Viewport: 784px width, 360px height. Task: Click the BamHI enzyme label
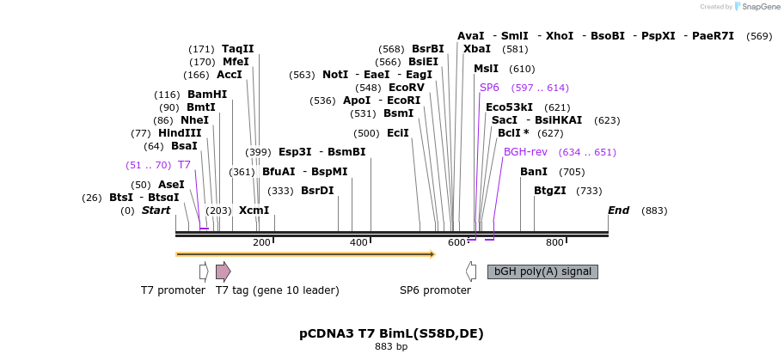click(x=207, y=94)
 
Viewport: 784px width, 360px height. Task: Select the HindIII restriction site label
click(x=180, y=133)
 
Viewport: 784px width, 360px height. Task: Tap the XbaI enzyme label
click(x=477, y=49)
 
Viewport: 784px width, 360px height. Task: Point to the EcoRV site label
click(x=407, y=88)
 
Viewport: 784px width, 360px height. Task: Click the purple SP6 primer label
click(x=489, y=88)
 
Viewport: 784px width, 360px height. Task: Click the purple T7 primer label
click(x=185, y=164)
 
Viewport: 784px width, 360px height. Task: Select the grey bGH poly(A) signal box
click(x=542, y=272)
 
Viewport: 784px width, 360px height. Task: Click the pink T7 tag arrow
click(x=223, y=272)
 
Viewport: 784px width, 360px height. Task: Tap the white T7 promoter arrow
click(x=204, y=272)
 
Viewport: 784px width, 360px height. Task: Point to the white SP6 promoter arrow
click(x=470, y=272)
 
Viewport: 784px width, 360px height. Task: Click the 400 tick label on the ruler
click(x=358, y=243)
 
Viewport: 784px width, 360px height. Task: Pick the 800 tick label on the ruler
click(x=554, y=243)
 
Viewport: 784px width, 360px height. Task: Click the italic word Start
click(x=156, y=211)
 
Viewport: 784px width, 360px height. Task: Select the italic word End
click(x=618, y=211)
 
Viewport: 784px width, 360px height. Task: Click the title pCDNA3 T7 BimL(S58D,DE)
click(x=391, y=334)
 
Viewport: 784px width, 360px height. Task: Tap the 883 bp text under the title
click(x=391, y=346)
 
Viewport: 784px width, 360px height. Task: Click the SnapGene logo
click(x=755, y=7)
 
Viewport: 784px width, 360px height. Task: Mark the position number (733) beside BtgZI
click(x=589, y=191)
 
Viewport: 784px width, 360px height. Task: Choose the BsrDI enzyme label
click(x=317, y=191)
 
